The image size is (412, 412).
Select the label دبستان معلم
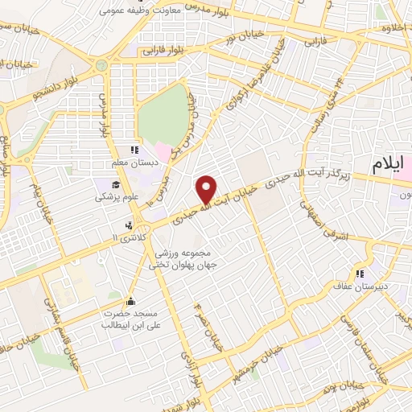pyautogui.click(x=136, y=163)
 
